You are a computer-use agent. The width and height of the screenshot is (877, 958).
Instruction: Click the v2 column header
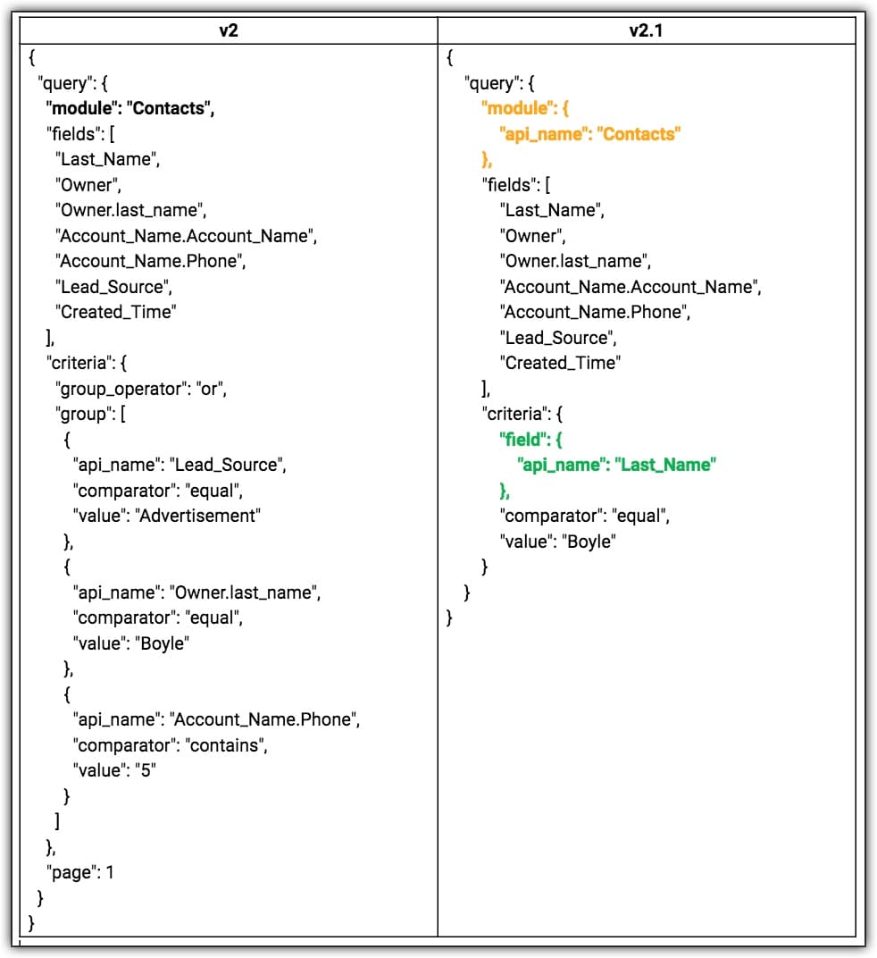tap(229, 30)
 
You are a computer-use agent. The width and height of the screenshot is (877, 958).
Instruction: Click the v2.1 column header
tap(647, 30)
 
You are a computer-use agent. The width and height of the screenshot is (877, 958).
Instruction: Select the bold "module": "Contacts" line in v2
tap(130, 109)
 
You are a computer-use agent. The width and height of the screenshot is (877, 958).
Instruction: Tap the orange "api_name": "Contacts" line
tap(590, 134)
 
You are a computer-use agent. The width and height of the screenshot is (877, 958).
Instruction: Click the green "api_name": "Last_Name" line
tap(616, 465)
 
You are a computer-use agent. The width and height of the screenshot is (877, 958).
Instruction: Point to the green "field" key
tap(519, 440)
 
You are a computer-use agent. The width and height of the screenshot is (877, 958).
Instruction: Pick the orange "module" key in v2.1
tap(514, 108)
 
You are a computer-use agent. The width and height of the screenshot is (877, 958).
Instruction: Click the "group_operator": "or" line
tap(142, 389)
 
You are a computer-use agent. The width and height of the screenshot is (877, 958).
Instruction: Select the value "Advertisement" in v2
tap(196, 515)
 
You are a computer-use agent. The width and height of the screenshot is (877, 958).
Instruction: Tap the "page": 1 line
tap(80, 872)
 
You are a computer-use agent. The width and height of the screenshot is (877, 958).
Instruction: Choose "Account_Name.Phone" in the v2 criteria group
tap(265, 719)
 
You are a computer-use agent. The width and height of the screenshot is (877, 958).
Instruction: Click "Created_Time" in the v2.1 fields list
tap(560, 363)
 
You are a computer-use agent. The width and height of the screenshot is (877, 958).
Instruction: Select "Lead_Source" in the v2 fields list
tap(113, 287)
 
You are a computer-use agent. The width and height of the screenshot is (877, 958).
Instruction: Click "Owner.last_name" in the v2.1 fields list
tap(574, 261)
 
